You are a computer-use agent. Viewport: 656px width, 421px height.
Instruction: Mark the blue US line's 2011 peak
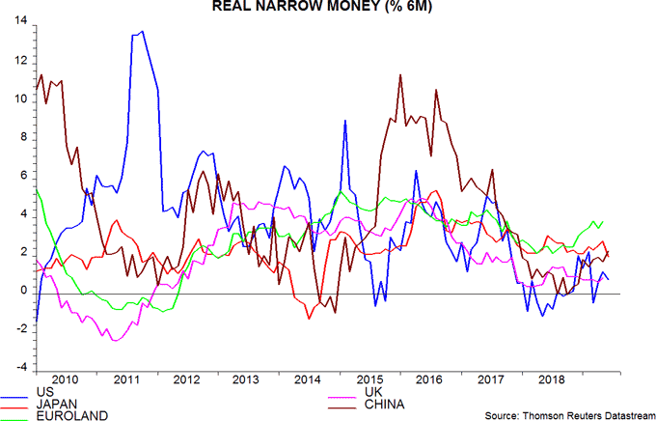[x=143, y=31]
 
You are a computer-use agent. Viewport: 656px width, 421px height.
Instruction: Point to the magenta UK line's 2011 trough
[x=115, y=340]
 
